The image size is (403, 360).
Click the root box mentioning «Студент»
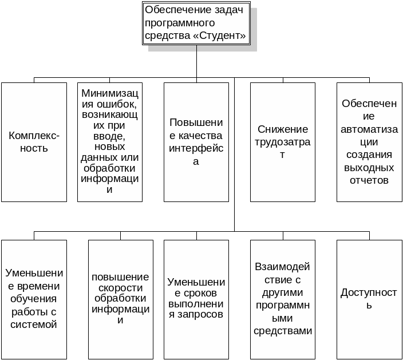(x=196, y=23)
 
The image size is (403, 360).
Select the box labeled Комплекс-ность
(x=34, y=142)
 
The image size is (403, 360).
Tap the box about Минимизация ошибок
(x=110, y=142)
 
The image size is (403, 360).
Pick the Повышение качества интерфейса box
(x=196, y=142)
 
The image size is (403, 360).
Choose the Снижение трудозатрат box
(x=283, y=142)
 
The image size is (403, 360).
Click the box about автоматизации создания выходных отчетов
(x=369, y=142)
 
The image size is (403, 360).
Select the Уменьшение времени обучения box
(x=34, y=299)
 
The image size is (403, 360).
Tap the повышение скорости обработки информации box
(x=121, y=299)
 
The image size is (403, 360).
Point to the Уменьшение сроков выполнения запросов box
(x=196, y=299)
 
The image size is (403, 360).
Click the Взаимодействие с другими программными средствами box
(x=283, y=299)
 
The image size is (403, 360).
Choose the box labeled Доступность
(x=369, y=299)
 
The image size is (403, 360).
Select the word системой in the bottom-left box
(x=34, y=325)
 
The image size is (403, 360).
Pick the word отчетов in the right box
(x=369, y=180)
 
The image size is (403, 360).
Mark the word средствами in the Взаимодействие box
(x=283, y=331)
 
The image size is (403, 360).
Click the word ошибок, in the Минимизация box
(x=117, y=104)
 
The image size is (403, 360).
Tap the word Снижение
(x=283, y=129)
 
